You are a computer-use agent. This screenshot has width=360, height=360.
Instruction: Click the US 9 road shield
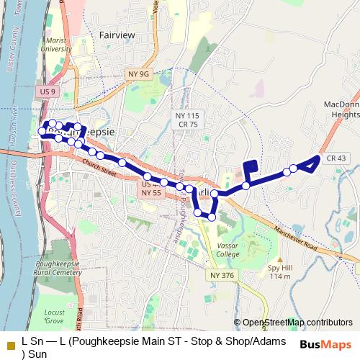point(48,92)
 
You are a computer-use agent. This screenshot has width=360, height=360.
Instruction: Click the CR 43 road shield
point(336,158)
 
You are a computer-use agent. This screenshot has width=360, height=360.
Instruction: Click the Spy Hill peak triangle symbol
point(279,260)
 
